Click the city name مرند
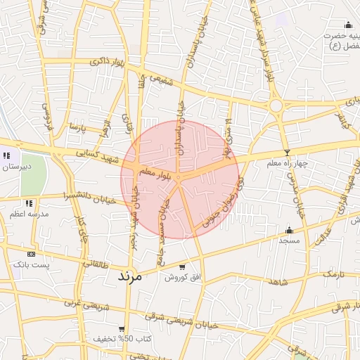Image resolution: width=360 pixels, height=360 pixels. coord(129,276)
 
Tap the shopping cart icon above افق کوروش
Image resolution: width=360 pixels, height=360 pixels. coord(183,267)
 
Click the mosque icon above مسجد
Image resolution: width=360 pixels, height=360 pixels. coord(289,229)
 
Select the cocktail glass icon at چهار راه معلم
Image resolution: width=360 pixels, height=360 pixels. coord(286,153)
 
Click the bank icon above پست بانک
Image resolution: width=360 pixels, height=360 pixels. coord(31,253)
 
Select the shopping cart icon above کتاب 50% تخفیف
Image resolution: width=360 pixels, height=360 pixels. coord(122,328)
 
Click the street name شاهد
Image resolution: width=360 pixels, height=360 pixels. coord(278,281)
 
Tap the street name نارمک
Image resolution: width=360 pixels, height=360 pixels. coord(333,272)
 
